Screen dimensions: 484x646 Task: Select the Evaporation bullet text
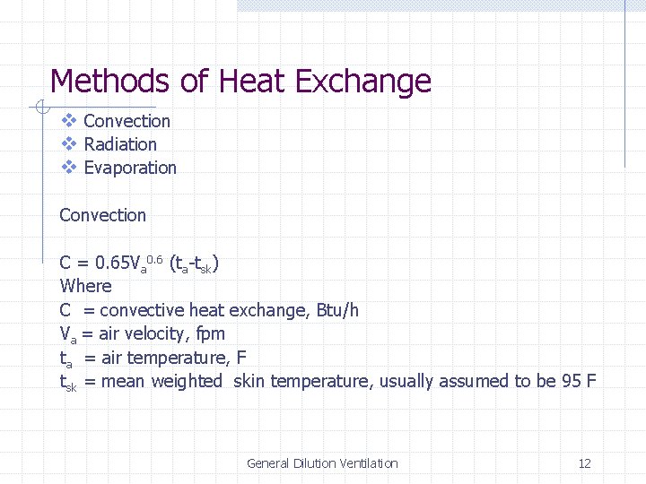130,168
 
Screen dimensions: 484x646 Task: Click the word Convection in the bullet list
127,121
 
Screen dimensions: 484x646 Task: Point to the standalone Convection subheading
102,215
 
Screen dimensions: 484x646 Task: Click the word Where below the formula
85,286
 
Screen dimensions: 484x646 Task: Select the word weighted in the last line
187,382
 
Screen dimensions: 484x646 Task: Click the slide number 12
585,463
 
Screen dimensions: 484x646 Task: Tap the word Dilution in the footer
313,463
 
